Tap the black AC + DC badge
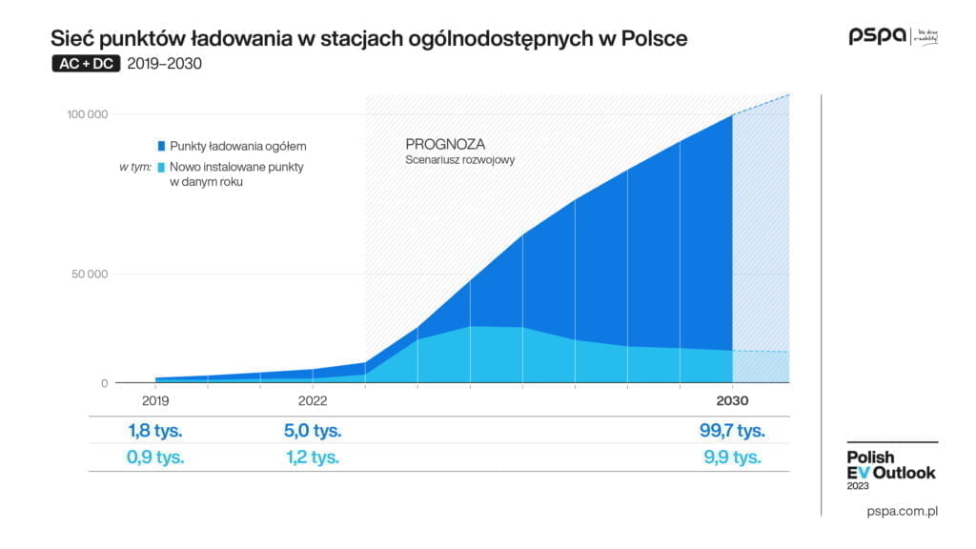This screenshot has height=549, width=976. point(86,65)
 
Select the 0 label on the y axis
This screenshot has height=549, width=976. point(105,383)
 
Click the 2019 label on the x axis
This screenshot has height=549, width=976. point(155,400)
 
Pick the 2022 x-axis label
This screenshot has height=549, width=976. point(313,400)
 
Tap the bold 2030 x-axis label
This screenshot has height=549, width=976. point(732,400)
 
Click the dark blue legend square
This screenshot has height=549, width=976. point(162,146)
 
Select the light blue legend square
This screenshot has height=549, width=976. point(162,167)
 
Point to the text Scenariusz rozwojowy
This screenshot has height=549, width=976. point(460,160)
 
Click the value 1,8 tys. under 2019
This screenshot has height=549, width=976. point(156,430)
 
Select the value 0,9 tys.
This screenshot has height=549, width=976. point(156,457)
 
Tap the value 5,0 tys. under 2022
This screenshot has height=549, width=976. point(313,430)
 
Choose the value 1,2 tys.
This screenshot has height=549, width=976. point(313,457)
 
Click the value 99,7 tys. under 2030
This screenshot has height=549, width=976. point(731,430)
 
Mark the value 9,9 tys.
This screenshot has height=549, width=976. point(731,457)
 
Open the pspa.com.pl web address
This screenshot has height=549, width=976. point(903,512)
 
